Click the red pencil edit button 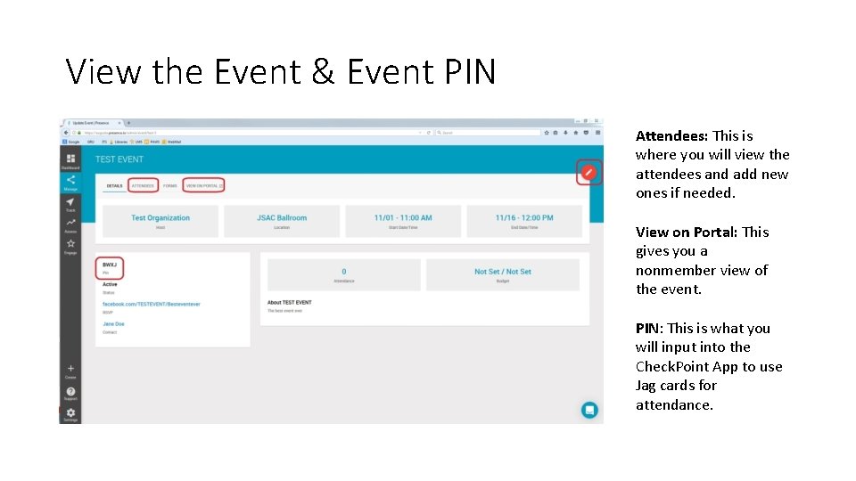(x=588, y=171)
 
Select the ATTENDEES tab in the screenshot (x=143, y=185)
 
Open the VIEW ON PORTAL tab (x=203, y=185)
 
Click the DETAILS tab (x=114, y=186)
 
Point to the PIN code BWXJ (x=110, y=265)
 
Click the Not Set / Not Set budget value (x=503, y=272)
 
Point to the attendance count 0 (x=344, y=272)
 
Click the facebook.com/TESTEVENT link (x=152, y=304)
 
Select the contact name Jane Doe (x=113, y=324)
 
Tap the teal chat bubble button (x=588, y=410)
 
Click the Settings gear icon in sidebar (x=70, y=412)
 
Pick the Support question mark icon (x=70, y=391)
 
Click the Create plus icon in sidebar (x=70, y=369)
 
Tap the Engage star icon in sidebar (x=70, y=244)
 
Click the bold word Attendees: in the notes (x=671, y=136)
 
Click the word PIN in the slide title (x=465, y=71)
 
